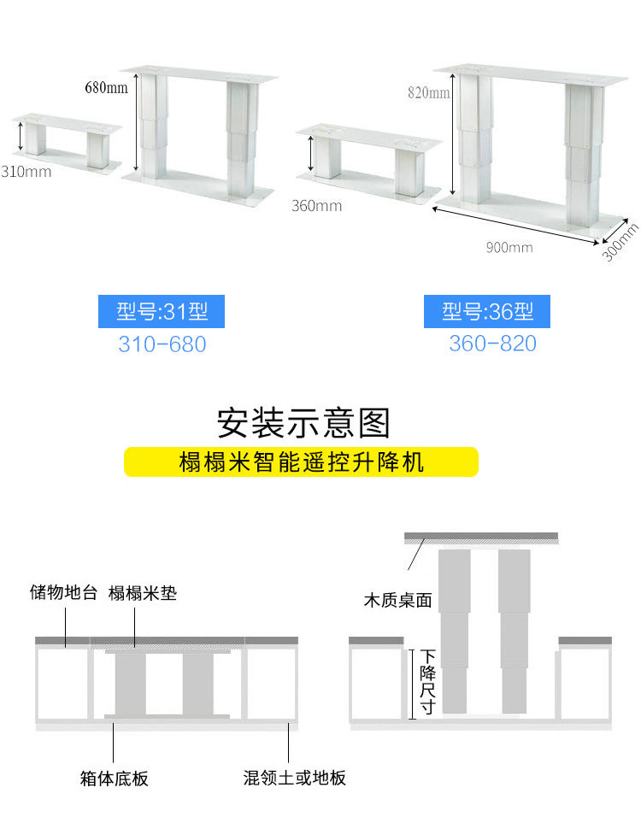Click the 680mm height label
point(106,87)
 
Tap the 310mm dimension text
point(26,172)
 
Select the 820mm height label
point(428,93)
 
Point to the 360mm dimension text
point(316,206)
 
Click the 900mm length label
point(509,248)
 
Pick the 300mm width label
point(620,242)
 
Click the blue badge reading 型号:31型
point(162,312)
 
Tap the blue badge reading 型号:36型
point(487,312)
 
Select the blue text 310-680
point(162,345)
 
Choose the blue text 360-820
point(492,344)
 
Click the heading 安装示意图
point(303,422)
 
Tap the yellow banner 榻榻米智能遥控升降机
point(301,462)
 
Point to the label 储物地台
point(64,593)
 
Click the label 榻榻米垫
point(143,593)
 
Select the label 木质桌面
point(397,600)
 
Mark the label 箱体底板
point(114,779)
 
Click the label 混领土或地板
point(294,779)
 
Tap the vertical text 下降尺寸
point(427,682)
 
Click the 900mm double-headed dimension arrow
point(518,226)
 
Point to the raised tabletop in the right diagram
point(481,538)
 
